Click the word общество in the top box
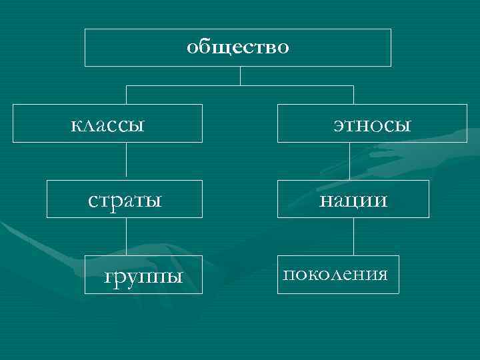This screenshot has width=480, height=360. pos(238,47)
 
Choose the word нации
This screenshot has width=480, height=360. pos(353,199)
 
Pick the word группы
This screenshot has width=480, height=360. pos(145,275)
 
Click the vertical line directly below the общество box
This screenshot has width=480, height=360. pos(240,75)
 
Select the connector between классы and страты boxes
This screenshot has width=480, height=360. pos(126,161)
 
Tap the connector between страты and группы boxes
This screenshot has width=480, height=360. pos(126,237)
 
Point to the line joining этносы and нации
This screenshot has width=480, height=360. pos(349,161)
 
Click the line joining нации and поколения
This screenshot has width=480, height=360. pos(349,237)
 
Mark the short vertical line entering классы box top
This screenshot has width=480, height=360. pos(126,95)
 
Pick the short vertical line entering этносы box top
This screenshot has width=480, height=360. pos(353,95)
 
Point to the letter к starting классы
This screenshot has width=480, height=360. pos(75,125)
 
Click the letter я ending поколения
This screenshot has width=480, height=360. pos(382,275)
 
